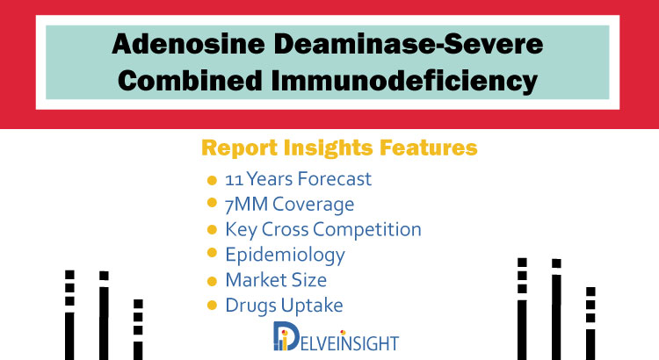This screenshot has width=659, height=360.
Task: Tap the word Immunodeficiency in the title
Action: pos(404,81)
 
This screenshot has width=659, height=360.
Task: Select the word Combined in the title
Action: pos(191,80)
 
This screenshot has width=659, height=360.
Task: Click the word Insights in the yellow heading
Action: pos(329,148)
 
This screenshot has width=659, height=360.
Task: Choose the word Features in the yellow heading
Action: pos(428,148)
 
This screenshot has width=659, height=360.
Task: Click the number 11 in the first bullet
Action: pos(234,180)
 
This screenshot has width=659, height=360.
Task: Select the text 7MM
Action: pos(246,205)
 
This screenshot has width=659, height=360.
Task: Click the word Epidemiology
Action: pos(285,255)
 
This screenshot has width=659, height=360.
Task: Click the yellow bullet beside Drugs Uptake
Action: pos(212,306)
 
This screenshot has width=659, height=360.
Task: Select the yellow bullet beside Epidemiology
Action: pos(212,253)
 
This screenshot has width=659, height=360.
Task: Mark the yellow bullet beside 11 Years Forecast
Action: pos(212,181)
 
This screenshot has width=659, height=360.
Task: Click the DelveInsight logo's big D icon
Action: pos(286,336)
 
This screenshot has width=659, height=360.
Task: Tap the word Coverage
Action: pos(313,205)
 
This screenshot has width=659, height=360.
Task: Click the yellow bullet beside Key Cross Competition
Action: pos(212,230)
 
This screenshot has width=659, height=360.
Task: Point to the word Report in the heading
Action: pos(240,148)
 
